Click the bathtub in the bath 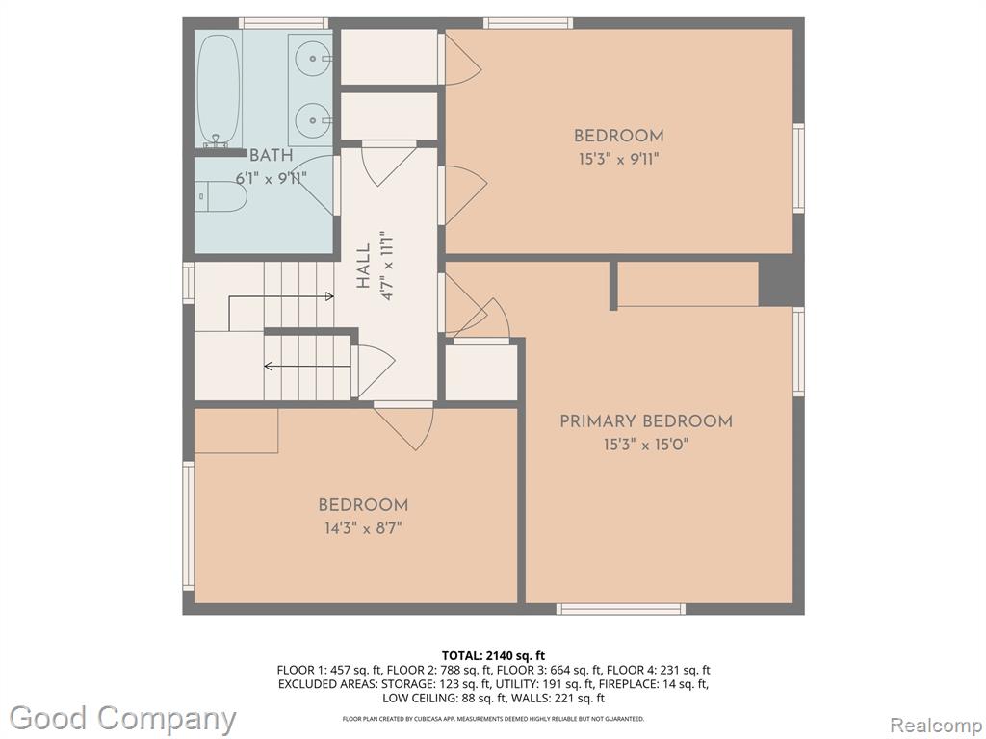[219, 89]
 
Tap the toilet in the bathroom [221, 196]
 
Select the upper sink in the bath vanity [313, 59]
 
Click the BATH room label [271, 155]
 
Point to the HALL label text [363, 266]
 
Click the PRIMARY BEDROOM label [646, 421]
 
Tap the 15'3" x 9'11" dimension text [619, 159]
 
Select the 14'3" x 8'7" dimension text [363, 528]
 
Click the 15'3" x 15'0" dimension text [646, 445]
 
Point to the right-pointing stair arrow [281, 296]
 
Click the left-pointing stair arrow [307, 366]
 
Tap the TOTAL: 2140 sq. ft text [494, 656]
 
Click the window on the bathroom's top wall [285, 23]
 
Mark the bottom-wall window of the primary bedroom [621, 608]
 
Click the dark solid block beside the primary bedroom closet [781, 284]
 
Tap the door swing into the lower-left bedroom [403, 425]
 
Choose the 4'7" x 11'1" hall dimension [387, 266]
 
